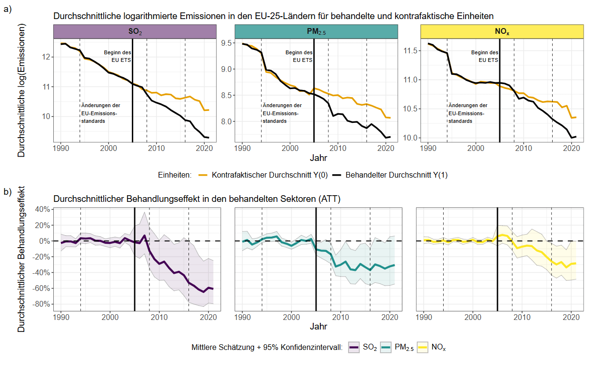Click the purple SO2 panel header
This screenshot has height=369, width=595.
click(x=135, y=32)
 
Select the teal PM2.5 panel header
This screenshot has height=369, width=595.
click(x=316, y=32)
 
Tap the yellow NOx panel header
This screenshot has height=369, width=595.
click(x=502, y=32)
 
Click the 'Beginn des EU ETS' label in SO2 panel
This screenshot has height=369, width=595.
click(x=118, y=56)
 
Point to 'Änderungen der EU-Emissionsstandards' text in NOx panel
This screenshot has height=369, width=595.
click(x=468, y=113)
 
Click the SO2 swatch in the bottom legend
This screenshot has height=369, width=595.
click(x=354, y=348)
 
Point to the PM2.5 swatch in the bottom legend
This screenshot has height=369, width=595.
click(x=386, y=348)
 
